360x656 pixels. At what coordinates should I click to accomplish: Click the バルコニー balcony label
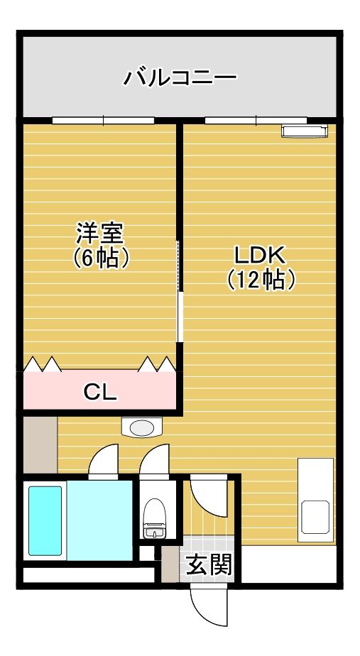[180, 77]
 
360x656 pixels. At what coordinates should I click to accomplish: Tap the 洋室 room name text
[100, 233]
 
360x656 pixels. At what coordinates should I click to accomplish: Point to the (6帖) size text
[101, 257]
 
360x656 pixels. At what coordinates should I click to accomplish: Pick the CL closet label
[100, 391]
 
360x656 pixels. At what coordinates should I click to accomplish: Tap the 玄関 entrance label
[209, 565]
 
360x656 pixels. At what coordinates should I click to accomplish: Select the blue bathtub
[45, 520]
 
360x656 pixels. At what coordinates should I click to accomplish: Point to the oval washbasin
[142, 427]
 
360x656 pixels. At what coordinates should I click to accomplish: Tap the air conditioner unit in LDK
[304, 131]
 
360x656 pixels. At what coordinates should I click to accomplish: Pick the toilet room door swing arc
[154, 461]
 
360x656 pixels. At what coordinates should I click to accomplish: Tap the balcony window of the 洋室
[103, 120]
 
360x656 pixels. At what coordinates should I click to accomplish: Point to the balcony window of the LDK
[256, 120]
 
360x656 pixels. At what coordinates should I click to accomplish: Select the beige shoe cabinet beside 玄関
[169, 564]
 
